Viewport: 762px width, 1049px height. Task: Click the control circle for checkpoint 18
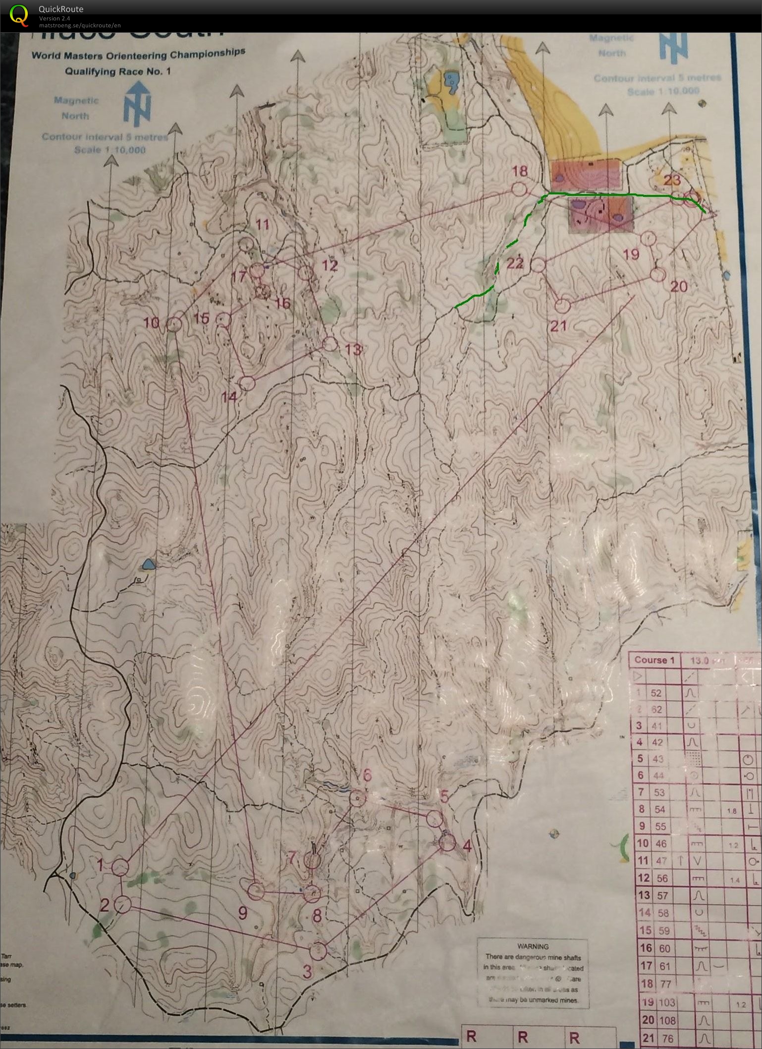pyautogui.click(x=519, y=189)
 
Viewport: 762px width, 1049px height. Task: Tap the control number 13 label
pyautogui.click(x=353, y=350)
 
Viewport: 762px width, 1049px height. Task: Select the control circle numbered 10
pyautogui.click(x=173, y=324)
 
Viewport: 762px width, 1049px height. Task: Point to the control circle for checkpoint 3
pyautogui.click(x=318, y=950)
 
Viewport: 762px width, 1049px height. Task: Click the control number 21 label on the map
pyautogui.click(x=558, y=326)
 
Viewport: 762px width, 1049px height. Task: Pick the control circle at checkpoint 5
pyautogui.click(x=435, y=818)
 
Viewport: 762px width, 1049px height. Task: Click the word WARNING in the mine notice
pyautogui.click(x=533, y=946)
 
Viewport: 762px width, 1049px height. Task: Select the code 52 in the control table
pyautogui.click(x=656, y=693)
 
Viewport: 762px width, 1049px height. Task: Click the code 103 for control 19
pyautogui.click(x=666, y=1002)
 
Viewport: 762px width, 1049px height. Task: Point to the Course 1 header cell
pyautogui.click(x=654, y=660)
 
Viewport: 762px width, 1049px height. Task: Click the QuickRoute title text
pyautogui.click(x=61, y=9)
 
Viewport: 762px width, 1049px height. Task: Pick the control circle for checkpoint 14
pyautogui.click(x=247, y=383)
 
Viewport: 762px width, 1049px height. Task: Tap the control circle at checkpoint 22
pyautogui.click(x=539, y=265)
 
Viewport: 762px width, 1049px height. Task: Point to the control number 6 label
pyautogui.click(x=367, y=775)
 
